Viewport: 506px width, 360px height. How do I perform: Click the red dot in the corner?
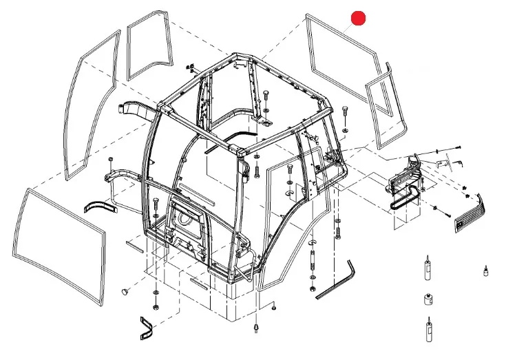pos(359,19)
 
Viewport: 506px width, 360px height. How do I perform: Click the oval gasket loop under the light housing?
pos(403,200)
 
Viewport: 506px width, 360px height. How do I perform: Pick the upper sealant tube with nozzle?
pos(426,273)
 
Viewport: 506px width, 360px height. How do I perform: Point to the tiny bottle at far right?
pos(485,269)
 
